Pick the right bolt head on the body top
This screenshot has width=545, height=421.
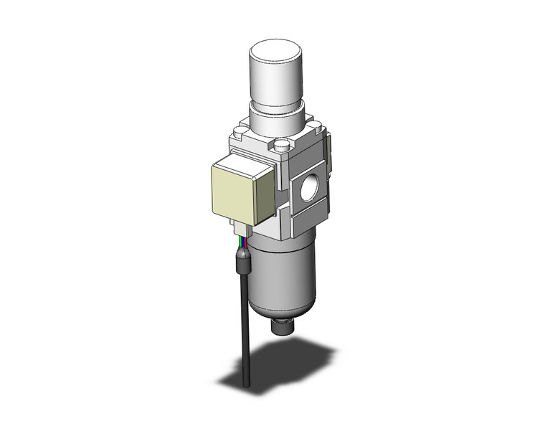[x=315, y=131]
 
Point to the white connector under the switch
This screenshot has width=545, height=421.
[x=242, y=230]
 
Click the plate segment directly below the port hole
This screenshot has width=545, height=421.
[x=307, y=214]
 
